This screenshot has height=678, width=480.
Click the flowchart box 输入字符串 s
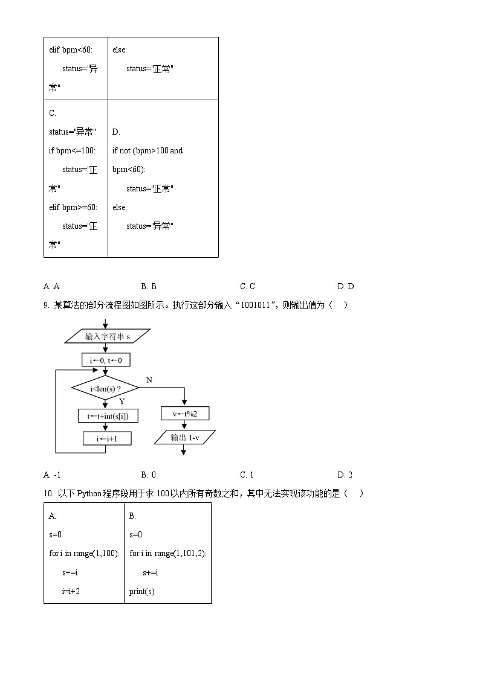(108, 336)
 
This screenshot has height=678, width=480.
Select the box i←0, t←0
(106, 360)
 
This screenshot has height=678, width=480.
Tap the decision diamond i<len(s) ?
(105, 388)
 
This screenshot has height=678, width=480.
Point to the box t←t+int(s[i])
(108, 415)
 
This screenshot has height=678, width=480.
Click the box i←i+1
(106, 439)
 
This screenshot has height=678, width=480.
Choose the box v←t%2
(185, 414)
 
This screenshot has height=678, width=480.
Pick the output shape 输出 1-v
(185, 438)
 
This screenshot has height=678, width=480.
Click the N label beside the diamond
(149, 380)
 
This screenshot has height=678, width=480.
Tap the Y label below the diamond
(122, 401)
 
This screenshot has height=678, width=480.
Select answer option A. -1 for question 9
(53, 475)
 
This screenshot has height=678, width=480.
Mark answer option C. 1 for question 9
(247, 475)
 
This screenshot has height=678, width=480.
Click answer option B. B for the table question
(149, 287)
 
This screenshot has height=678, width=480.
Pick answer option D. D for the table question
(346, 287)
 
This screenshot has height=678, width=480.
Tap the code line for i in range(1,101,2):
(168, 554)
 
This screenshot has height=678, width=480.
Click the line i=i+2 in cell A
(71, 592)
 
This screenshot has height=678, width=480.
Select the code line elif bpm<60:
(71, 50)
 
